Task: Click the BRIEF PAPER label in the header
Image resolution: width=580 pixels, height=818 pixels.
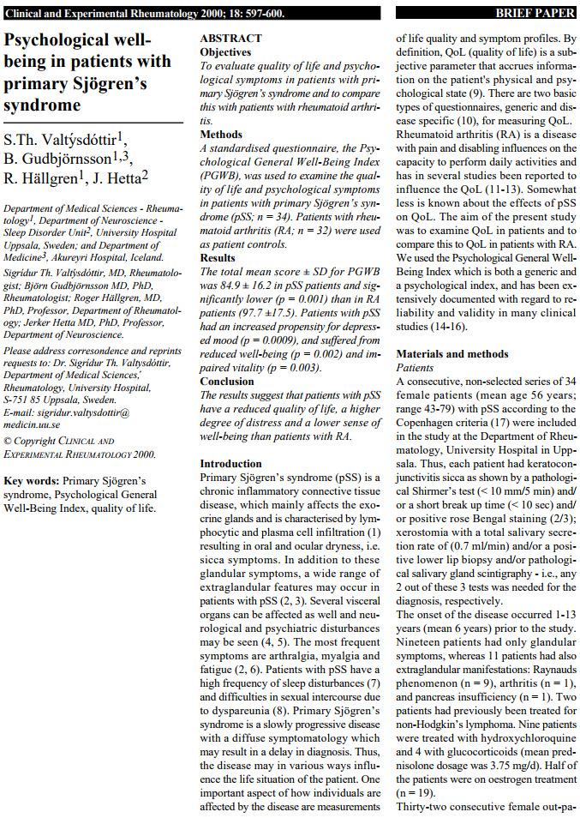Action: [535, 14]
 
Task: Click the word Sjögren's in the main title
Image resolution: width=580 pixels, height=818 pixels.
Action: [105, 84]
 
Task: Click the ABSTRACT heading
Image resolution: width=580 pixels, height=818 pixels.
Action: [230, 39]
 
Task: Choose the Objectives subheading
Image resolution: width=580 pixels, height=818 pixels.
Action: [225, 52]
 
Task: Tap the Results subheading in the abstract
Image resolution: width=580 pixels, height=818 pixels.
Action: [218, 257]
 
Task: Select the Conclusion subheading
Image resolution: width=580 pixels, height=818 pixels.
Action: [227, 382]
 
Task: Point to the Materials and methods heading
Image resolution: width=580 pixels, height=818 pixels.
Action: [452, 354]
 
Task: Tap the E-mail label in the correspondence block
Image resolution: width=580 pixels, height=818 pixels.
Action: [19, 412]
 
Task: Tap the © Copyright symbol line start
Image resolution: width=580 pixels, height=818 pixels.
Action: [8, 442]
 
